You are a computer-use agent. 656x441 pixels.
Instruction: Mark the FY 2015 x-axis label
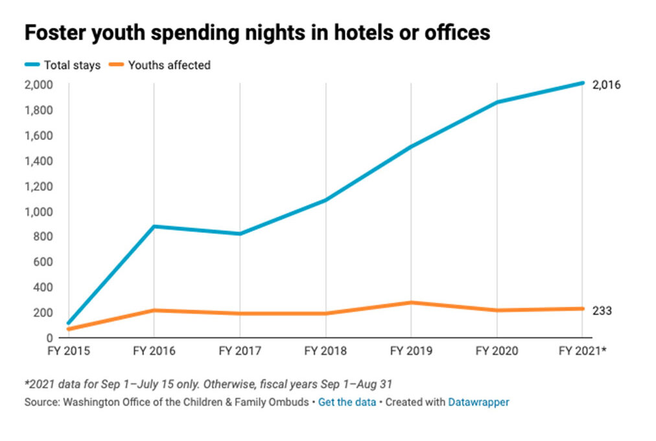pos(67,352)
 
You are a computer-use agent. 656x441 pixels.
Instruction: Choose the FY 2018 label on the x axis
pos(325,352)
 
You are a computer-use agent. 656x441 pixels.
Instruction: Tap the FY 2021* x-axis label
pos(583,352)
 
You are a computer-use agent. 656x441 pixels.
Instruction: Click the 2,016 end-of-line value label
pos(607,84)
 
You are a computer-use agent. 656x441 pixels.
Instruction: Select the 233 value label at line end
pos(602,311)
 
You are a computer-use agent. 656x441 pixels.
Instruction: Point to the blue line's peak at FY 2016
pos(154,226)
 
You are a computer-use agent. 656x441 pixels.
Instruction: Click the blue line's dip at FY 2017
pos(240,233)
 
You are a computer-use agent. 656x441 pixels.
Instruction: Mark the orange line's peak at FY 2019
pos(411,303)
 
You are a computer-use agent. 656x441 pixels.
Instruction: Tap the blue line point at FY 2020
pos(497,102)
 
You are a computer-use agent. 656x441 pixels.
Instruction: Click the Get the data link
pos(347,402)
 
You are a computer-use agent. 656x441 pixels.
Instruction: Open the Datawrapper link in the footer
pos(478,402)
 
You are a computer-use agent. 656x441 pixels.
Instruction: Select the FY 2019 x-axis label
pos(411,352)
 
